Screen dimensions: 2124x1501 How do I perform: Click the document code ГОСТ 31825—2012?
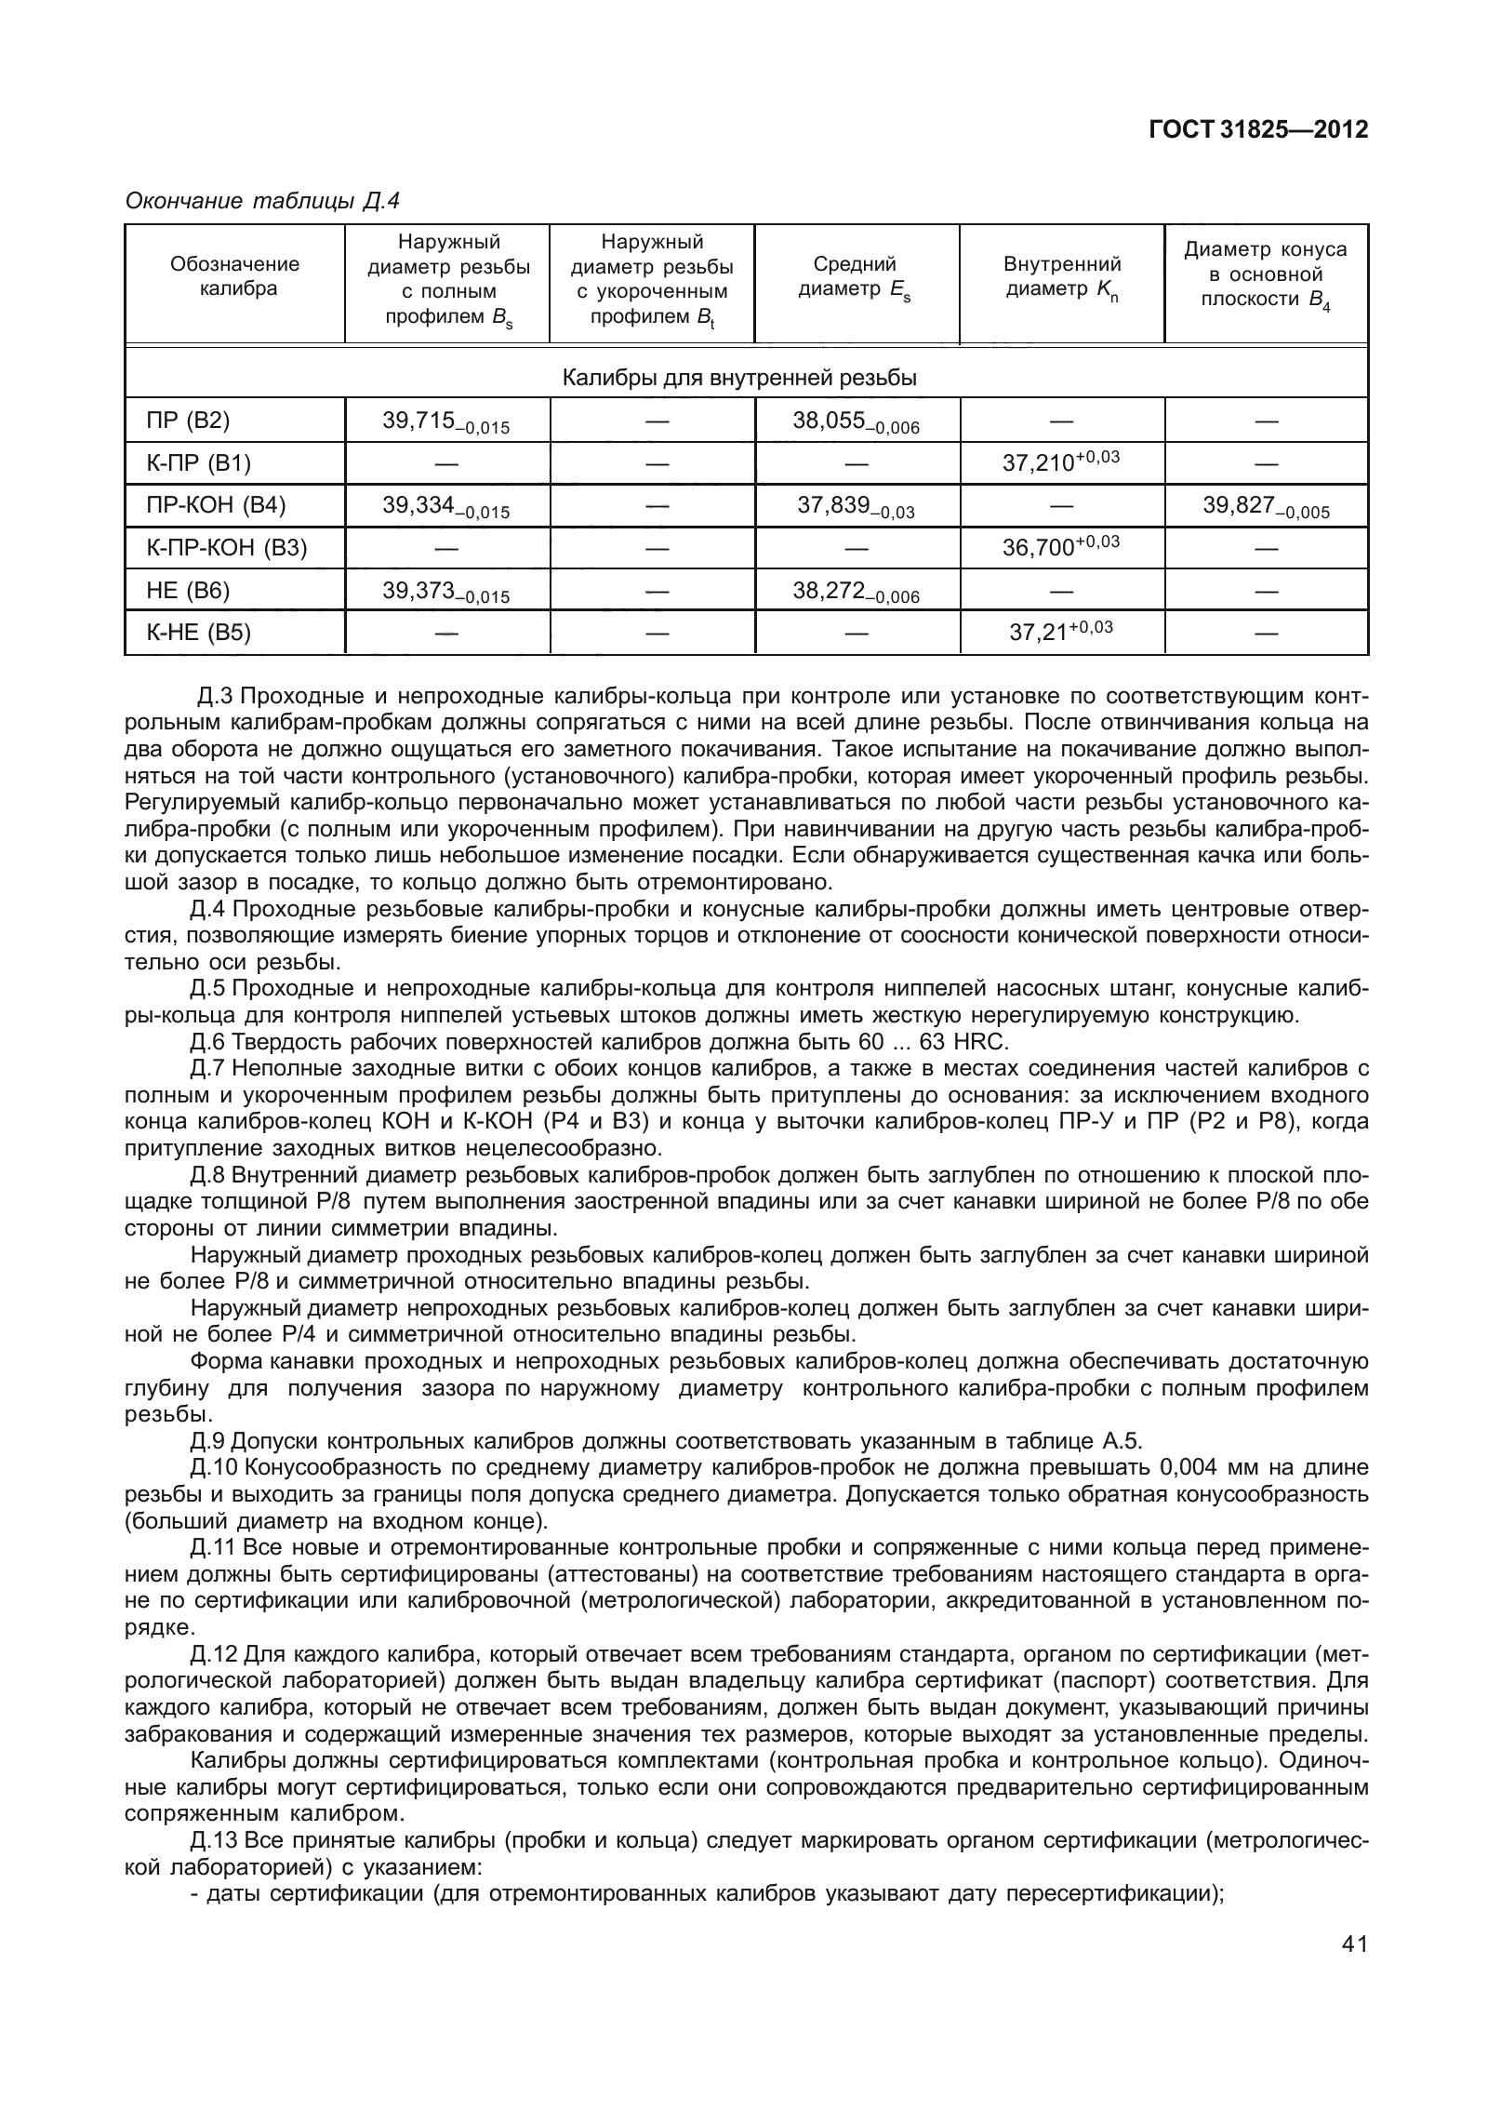pyautogui.click(x=1258, y=130)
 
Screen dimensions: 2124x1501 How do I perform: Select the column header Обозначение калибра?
pyautogui.click(x=234, y=276)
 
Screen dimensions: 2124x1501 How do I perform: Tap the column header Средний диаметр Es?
pyautogui.click(x=855, y=277)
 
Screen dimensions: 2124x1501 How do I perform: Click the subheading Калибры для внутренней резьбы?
pyautogui.click(x=739, y=379)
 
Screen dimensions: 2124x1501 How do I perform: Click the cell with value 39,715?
pyautogui.click(x=445, y=421)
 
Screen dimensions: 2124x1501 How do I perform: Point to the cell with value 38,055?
pyautogui.click(x=855, y=421)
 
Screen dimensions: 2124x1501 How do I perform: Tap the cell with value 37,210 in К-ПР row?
pyautogui.click(x=1059, y=462)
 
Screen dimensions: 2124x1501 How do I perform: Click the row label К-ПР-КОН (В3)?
pyautogui.click(x=227, y=547)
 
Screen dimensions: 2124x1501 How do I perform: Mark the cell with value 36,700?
pyautogui.click(x=1059, y=547)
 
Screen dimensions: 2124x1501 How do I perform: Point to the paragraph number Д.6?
pyautogui.click(x=207, y=1041)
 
